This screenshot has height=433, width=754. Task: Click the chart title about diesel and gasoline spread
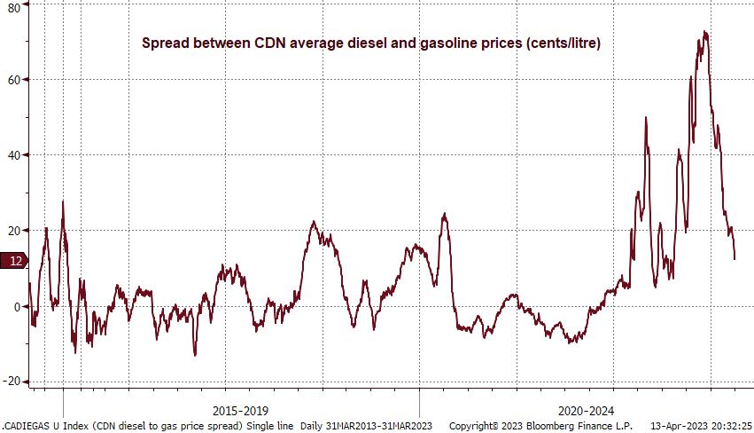tap(372, 43)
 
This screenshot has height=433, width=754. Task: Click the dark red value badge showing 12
tap(15, 261)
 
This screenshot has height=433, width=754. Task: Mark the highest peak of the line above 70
tap(705, 32)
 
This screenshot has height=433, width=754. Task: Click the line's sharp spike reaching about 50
tap(646, 118)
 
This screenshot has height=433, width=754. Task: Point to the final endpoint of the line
tap(735, 259)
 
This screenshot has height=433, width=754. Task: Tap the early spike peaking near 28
tap(63, 201)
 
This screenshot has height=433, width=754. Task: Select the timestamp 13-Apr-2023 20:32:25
tap(701, 426)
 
